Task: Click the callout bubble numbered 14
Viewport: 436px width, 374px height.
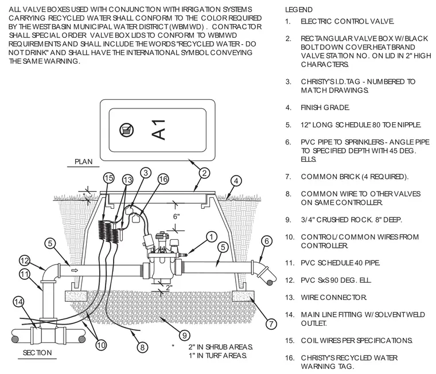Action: [x=18, y=302]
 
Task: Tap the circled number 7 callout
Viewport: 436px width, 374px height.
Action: [x=271, y=324]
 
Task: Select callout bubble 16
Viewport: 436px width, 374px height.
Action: [x=163, y=179]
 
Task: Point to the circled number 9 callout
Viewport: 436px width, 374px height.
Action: [x=184, y=336]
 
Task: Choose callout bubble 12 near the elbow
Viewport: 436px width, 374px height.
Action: [x=25, y=261]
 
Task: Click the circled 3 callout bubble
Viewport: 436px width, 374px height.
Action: [x=146, y=173]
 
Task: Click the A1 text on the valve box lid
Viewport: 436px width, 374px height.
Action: [x=159, y=130]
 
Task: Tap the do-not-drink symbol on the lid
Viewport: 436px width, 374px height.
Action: [x=127, y=130]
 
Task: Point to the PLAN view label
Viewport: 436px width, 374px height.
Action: [x=83, y=162]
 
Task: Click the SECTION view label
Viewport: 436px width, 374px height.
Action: [x=37, y=353]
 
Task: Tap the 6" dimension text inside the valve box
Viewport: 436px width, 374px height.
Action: [x=176, y=216]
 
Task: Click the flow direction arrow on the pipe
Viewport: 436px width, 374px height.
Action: [x=75, y=270]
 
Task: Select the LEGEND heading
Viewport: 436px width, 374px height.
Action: [x=299, y=10]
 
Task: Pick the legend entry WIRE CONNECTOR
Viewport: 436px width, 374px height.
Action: [x=334, y=298]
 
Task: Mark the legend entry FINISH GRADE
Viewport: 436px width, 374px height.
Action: [x=325, y=108]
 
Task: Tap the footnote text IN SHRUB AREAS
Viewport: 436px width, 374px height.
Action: [x=220, y=347]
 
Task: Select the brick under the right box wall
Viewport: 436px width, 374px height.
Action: [x=243, y=296]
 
